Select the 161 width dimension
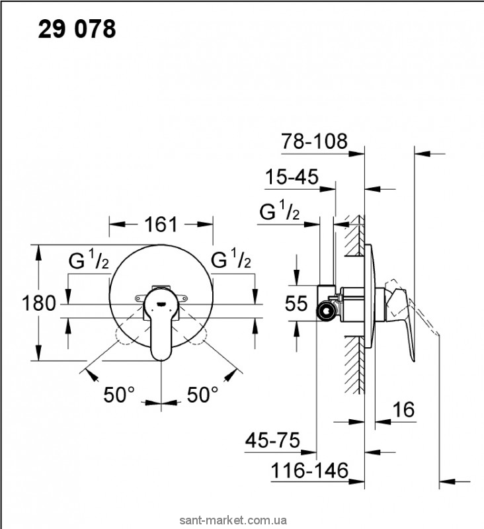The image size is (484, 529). (161, 224)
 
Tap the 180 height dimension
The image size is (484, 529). (18, 304)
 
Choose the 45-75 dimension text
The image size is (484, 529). (272, 440)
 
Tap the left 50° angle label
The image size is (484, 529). (119, 395)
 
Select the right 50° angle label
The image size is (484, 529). (202, 395)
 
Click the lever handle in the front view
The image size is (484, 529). (161, 331)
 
